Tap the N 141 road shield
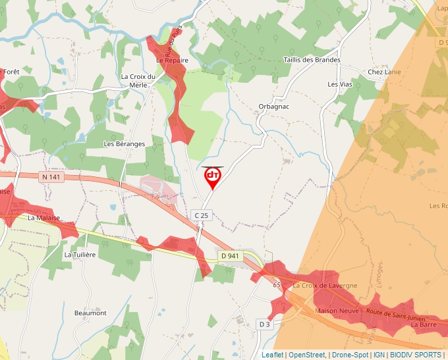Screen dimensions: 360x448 click(x=51, y=177)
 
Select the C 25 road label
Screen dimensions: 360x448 click(x=201, y=215)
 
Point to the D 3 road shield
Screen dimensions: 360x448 click(x=264, y=324)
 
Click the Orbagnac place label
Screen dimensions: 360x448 click(x=274, y=106)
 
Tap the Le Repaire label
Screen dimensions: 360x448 click(x=172, y=60)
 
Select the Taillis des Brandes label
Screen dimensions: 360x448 click(x=312, y=60)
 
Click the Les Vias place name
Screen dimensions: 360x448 click(x=341, y=84)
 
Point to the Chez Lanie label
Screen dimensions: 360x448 click(x=385, y=72)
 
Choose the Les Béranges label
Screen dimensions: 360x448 click(x=125, y=143)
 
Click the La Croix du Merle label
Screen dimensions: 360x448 click(x=138, y=80)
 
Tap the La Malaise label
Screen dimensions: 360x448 click(x=44, y=217)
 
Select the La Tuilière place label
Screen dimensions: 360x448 click(x=80, y=253)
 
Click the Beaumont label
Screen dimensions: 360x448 click(x=90, y=313)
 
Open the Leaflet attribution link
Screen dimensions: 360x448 click(x=272, y=355)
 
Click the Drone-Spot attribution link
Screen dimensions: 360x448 click(x=350, y=355)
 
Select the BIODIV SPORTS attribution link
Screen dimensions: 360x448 click(x=416, y=355)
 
